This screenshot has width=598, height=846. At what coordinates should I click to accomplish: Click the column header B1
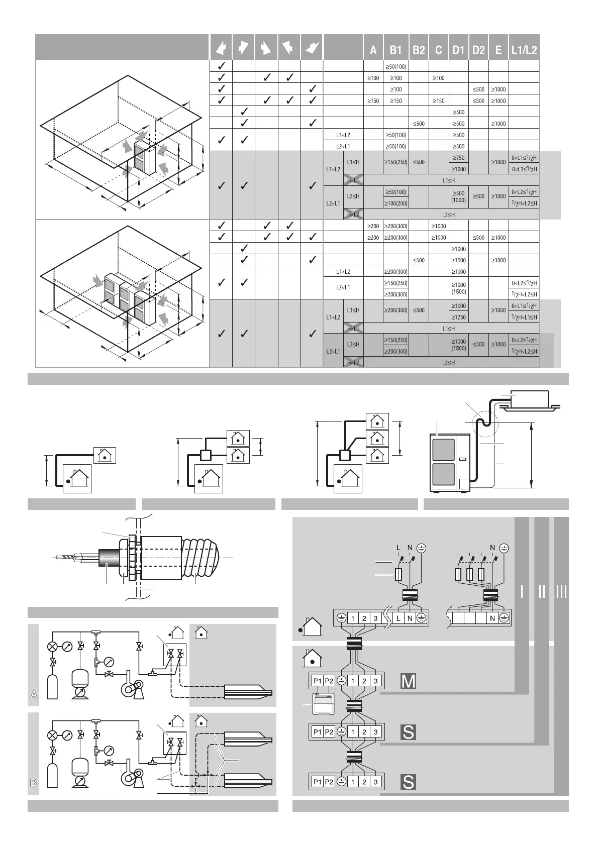[x=396, y=50]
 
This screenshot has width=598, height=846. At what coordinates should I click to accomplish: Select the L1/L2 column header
[x=524, y=50]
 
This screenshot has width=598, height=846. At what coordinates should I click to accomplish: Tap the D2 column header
[x=478, y=50]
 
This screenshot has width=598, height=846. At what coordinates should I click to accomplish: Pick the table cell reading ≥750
[x=458, y=158]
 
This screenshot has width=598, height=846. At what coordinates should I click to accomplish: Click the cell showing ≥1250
[x=458, y=317]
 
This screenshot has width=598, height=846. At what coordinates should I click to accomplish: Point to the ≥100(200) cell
[x=396, y=203]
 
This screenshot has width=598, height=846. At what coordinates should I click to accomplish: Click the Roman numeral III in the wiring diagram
[x=561, y=592]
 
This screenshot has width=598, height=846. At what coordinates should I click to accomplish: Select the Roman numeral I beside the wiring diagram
[x=523, y=592]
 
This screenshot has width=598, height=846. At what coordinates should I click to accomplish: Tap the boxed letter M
[x=409, y=681]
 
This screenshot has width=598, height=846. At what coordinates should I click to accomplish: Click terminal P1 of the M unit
[x=317, y=681]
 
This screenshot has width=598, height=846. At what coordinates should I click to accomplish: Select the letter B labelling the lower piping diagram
[x=33, y=782]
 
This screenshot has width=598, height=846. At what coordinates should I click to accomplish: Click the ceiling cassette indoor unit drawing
[x=529, y=400]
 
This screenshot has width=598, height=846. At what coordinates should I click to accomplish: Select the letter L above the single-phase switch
[x=398, y=547]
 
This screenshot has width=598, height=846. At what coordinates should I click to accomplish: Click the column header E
[x=498, y=50]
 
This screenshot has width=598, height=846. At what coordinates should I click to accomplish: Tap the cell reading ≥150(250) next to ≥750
[x=396, y=162]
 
